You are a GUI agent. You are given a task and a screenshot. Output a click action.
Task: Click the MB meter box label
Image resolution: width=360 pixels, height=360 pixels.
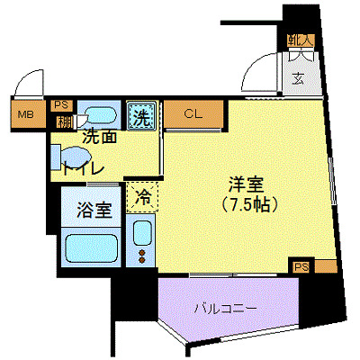[x=26, y=114]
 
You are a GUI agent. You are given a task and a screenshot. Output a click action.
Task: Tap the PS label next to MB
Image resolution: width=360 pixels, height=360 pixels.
[x=62, y=103]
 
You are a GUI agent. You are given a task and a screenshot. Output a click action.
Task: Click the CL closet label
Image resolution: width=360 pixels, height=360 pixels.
[x=193, y=114]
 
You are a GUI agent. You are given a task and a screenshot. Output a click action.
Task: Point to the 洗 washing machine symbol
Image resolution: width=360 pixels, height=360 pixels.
[x=141, y=115]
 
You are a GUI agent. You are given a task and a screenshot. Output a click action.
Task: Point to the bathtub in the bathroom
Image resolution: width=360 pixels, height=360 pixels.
[x=92, y=247]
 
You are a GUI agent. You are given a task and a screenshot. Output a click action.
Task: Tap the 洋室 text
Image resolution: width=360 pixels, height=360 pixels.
[x=243, y=184]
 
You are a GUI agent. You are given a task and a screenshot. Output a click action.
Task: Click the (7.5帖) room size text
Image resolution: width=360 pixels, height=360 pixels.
[x=243, y=204]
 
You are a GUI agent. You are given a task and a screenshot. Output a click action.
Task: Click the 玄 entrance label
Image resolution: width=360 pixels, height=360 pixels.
[x=297, y=77]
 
